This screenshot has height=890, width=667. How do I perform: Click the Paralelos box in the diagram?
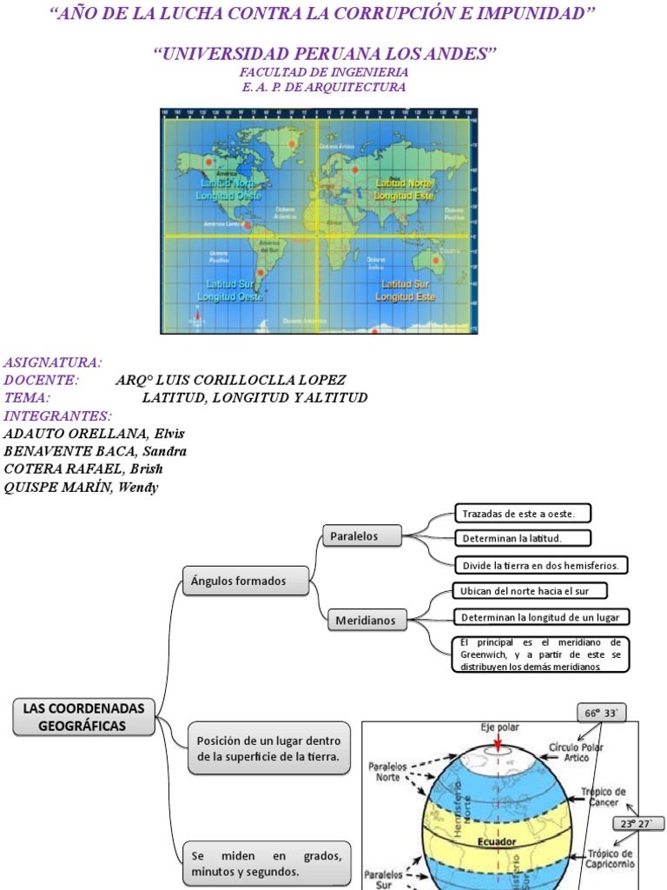361,536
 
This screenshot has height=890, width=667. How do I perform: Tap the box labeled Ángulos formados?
246,581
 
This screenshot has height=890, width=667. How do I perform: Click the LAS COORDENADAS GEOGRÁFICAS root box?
83,717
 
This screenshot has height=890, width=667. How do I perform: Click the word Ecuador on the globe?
496,841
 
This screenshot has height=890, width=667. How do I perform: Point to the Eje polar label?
499,727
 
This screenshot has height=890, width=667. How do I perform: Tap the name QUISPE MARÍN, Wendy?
82,488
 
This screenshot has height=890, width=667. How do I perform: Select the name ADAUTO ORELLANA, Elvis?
94,433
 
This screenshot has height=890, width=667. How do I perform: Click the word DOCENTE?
41,380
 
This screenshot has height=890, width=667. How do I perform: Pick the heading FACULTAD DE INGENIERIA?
324,73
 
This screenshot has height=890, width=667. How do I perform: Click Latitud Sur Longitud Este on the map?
404,290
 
